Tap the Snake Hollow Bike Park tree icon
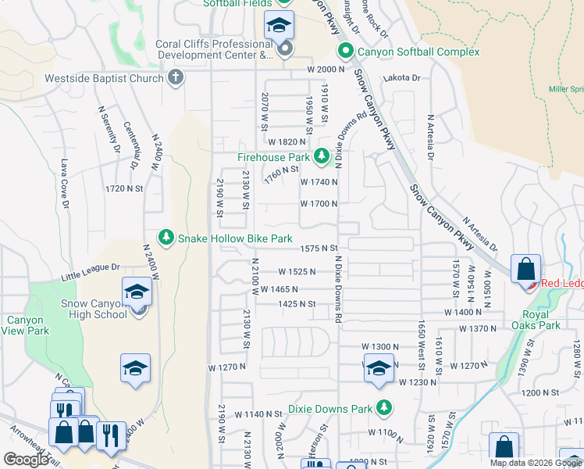tap(166, 237)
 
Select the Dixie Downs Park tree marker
tap(383, 407)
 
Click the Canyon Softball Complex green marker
tap(345, 52)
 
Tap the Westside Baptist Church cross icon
tap(176, 77)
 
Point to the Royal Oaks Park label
tap(542, 320)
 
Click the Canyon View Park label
tap(27, 325)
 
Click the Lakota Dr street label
tap(401, 78)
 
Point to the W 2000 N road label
tap(326, 70)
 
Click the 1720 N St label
tap(124, 188)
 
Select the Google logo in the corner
tap(26, 460)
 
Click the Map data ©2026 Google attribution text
tap(536, 463)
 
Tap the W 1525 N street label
tap(297, 272)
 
